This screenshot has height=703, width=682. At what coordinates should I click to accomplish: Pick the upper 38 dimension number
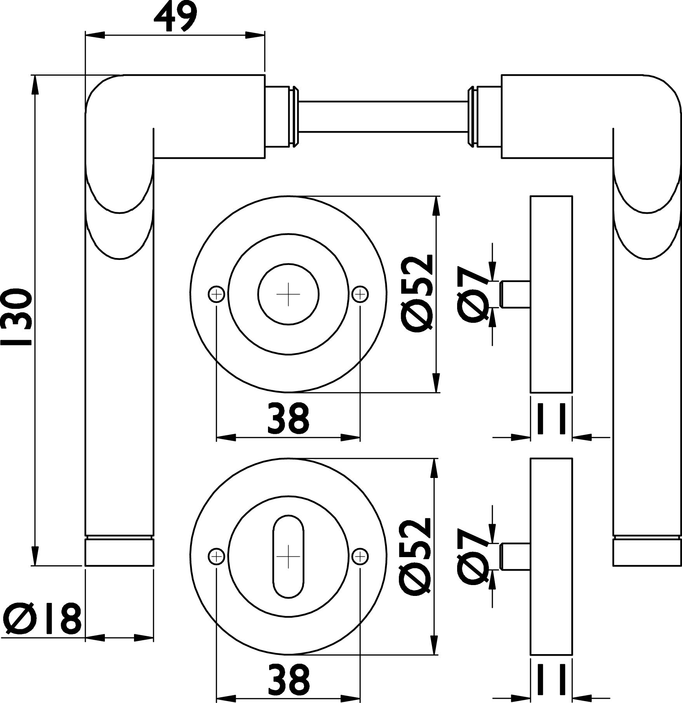click(x=288, y=418)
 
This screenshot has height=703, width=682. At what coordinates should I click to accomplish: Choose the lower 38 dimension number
click(x=288, y=679)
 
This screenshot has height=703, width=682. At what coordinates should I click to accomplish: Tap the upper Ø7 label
click(x=473, y=294)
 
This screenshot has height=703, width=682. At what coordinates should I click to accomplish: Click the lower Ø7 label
click(x=473, y=556)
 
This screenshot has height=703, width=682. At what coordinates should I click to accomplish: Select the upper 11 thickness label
click(x=551, y=418)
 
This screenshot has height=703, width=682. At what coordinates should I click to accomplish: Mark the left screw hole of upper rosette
click(x=217, y=294)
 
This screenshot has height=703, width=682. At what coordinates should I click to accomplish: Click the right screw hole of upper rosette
click(x=360, y=294)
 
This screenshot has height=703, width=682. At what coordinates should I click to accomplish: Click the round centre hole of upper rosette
click(x=288, y=294)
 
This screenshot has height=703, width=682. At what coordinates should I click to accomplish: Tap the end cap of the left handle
click(x=120, y=552)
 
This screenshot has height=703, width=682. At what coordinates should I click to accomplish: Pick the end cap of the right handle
click(x=647, y=552)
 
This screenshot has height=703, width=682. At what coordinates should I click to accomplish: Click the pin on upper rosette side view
click(x=515, y=294)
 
